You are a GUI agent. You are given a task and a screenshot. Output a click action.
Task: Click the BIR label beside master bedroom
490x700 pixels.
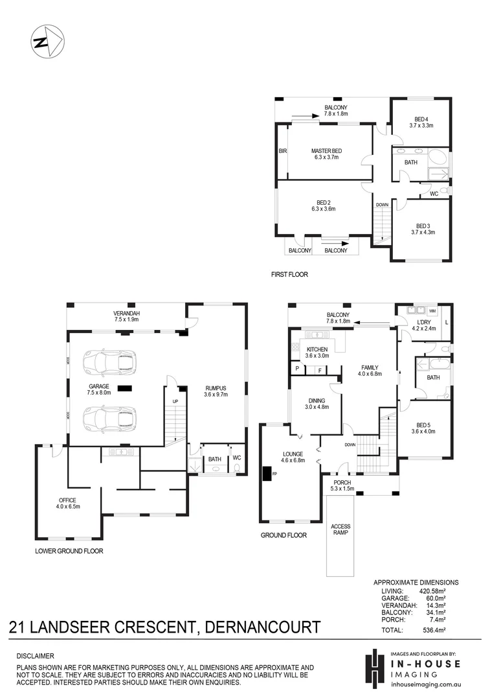282,151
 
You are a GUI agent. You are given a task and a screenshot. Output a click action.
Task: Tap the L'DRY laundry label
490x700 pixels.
424,322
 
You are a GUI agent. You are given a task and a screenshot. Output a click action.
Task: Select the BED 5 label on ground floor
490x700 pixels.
421,425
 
